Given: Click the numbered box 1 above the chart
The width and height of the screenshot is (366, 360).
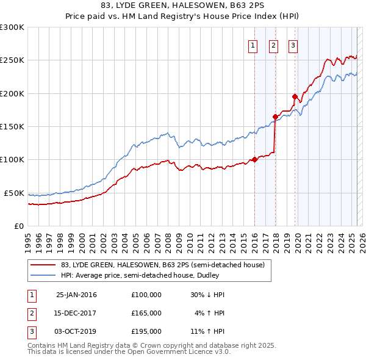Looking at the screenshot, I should (x=253, y=45).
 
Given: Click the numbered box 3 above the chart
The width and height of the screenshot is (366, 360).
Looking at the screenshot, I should (x=293, y=45).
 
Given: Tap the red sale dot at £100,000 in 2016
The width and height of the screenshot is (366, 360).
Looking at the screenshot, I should (x=254, y=160).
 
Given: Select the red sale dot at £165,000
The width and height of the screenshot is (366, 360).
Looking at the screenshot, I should (x=275, y=117).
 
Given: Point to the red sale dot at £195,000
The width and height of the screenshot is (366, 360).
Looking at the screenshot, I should (x=295, y=96).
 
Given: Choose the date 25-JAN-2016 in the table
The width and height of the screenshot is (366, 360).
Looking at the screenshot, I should (x=76, y=294).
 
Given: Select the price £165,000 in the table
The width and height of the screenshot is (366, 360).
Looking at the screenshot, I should (x=146, y=312).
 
